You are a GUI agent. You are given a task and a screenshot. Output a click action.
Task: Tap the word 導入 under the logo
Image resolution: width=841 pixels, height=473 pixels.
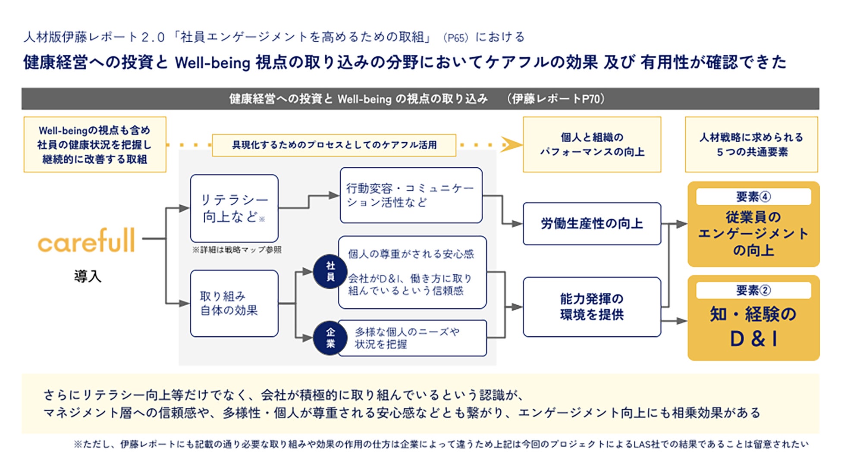(x=88, y=276)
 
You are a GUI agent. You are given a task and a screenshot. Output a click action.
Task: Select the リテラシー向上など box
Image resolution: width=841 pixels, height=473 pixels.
(x=234, y=208)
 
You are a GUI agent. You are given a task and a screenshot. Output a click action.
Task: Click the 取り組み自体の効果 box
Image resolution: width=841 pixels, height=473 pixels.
(x=234, y=304)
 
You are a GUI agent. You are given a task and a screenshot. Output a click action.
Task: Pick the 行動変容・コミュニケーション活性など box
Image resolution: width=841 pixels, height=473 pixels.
(x=411, y=195)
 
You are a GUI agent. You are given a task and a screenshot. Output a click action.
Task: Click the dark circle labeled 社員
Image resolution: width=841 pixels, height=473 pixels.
(x=330, y=272)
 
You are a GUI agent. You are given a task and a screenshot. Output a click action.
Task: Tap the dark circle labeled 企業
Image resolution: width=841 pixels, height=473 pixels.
(x=330, y=338)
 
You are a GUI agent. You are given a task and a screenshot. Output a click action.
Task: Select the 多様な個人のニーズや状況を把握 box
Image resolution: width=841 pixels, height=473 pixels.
(x=413, y=338)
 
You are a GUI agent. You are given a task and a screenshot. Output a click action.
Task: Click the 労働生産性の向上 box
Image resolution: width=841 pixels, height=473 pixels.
(x=592, y=224)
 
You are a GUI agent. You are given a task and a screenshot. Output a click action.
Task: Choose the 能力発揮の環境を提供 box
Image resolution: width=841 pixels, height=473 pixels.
(x=592, y=307)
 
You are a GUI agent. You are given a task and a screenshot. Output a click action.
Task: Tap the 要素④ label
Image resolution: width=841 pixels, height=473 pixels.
(x=753, y=197)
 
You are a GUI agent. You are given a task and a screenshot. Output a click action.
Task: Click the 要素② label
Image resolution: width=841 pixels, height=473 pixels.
(x=753, y=291)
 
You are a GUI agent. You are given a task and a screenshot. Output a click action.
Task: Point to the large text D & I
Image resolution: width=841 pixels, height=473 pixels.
(x=753, y=339)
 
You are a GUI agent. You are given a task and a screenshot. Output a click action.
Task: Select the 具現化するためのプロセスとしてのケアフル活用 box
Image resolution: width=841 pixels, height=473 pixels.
(x=334, y=145)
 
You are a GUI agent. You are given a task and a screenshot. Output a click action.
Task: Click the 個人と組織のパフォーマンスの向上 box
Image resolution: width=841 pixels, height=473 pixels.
(x=592, y=144)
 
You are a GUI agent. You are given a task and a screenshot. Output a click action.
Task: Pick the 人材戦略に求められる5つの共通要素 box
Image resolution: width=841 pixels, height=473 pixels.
(x=751, y=144)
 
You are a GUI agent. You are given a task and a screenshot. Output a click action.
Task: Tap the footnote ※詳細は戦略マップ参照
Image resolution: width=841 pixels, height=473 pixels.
(x=237, y=250)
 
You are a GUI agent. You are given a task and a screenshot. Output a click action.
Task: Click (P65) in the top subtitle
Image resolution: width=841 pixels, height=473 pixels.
(x=455, y=38)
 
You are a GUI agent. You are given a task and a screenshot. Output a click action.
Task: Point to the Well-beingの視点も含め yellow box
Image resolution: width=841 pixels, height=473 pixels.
(x=95, y=144)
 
